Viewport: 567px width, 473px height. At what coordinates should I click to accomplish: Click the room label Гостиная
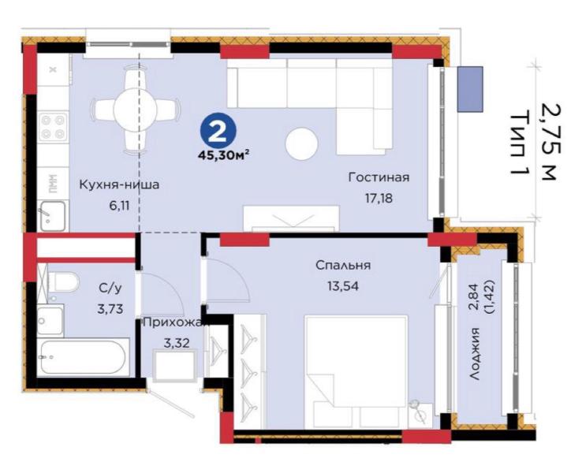(379, 177)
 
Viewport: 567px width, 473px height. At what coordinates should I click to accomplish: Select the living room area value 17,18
(379, 198)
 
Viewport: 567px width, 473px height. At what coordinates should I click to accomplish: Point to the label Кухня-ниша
(119, 184)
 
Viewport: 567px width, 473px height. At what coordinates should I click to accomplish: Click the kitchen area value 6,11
(119, 206)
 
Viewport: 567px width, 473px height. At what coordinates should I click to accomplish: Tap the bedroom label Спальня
(343, 265)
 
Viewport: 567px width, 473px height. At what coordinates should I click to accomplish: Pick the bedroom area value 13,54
(343, 286)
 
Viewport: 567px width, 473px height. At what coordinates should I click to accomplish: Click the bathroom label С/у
(110, 289)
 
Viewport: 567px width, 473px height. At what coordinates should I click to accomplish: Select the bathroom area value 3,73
(110, 309)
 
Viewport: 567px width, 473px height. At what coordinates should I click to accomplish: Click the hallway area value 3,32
(177, 343)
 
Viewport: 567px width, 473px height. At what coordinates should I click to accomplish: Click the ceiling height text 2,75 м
(549, 141)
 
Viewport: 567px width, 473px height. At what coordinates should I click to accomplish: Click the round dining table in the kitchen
(135, 108)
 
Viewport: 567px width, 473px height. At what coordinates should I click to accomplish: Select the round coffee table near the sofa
(301, 144)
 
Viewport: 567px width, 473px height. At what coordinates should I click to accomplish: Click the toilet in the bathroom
(64, 282)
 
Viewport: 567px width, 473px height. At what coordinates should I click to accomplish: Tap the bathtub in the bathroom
(84, 358)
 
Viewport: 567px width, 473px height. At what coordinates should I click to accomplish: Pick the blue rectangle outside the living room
(470, 89)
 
